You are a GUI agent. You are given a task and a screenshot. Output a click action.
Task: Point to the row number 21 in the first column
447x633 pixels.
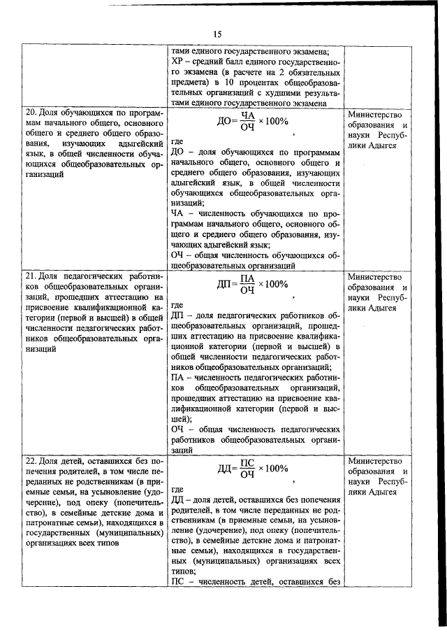point(31,276)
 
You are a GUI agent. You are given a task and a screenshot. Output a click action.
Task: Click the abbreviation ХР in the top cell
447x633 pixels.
point(177,62)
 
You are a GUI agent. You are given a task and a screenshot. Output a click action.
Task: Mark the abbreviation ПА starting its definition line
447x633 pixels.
point(177,377)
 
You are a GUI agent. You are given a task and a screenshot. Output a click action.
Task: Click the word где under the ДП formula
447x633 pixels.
point(177,305)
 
